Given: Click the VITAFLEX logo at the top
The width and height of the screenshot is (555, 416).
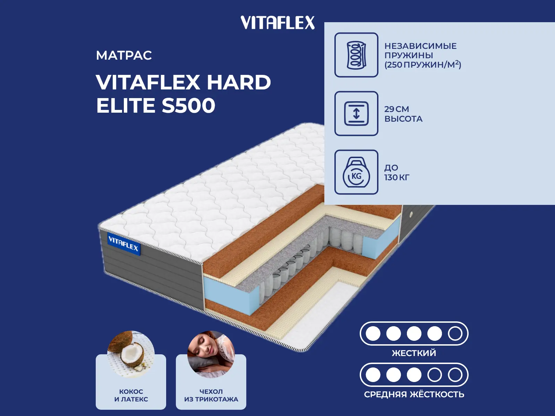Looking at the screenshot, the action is click(277, 23).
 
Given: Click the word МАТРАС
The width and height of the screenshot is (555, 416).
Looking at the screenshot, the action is click(124, 55).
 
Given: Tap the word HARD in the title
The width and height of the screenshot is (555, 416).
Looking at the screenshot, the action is click(239, 82).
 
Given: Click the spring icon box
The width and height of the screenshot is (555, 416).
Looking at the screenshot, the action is click(356, 55).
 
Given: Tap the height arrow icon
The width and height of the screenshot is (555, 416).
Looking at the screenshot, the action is click(356, 113).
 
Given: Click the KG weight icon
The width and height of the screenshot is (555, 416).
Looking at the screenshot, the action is click(356, 172).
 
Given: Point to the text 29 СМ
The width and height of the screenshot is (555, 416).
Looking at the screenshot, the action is click(396, 109).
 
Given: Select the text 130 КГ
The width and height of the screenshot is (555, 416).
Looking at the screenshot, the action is click(397, 177).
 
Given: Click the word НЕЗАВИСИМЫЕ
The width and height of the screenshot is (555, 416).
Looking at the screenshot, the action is click(420, 46).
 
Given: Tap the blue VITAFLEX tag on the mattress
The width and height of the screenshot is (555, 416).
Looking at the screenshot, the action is click(123, 245).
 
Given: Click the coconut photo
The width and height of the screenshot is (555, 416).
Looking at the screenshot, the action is click(131, 354).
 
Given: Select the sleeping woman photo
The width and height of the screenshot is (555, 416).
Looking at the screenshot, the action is click(211, 354).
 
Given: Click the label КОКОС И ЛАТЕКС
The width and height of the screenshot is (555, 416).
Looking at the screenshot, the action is click(131, 395).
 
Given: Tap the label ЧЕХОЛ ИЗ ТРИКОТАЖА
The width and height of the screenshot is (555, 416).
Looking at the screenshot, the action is click(211, 395).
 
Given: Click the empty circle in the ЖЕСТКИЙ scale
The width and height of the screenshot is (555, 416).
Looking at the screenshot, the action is click(455, 333).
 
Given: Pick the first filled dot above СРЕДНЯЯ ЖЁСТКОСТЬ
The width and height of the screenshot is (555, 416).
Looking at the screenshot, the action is click(373, 375).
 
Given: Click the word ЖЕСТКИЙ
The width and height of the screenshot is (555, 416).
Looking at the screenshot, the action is click(414, 353).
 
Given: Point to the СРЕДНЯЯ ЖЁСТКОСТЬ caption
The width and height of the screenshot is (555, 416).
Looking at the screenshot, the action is click(414, 394).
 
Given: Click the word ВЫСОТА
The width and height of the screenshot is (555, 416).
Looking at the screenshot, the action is click(403, 119).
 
